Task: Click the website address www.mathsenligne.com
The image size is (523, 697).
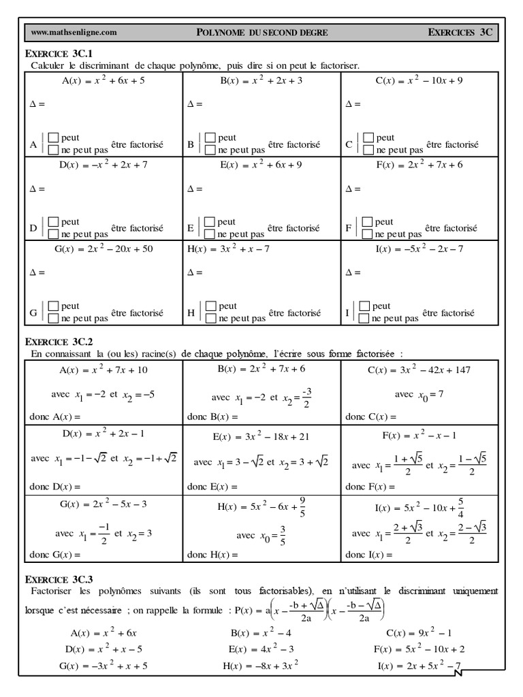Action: coord(74,32)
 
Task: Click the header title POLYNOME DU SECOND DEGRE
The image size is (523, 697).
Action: coord(261,32)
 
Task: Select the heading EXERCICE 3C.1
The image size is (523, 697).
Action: coord(58,54)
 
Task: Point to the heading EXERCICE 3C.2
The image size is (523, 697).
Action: coord(58,342)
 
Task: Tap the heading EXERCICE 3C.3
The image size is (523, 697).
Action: coord(58,579)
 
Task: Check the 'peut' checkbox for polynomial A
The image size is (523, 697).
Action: coord(53,138)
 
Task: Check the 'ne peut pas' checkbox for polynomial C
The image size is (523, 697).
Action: coord(368,150)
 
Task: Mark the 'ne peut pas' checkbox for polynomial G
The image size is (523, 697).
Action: coord(53,318)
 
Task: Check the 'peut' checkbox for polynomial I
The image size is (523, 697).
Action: coord(364,306)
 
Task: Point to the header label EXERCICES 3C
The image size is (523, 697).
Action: coord(460,32)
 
